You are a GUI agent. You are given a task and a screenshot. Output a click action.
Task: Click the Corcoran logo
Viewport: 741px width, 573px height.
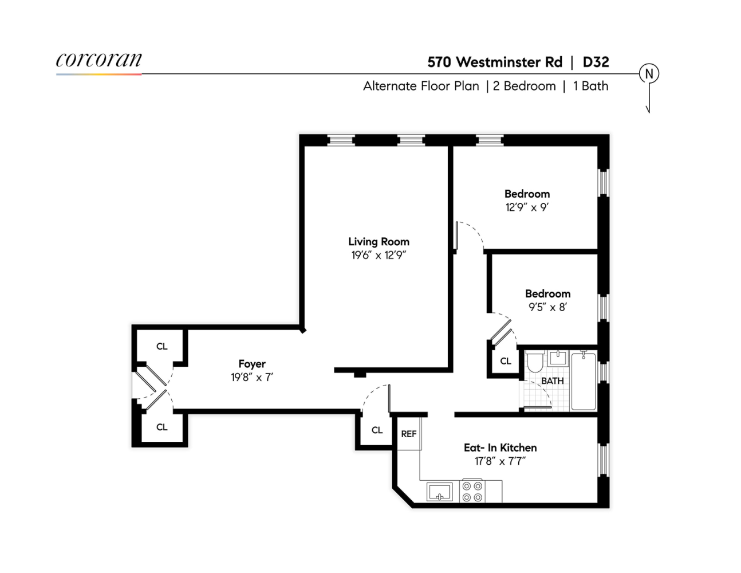[98, 61]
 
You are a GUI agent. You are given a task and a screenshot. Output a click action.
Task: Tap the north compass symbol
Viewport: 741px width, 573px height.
[649, 74]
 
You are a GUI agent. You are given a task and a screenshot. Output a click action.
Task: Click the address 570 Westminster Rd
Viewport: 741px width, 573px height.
[495, 62]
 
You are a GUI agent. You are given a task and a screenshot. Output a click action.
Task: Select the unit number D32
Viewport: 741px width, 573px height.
[596, 62]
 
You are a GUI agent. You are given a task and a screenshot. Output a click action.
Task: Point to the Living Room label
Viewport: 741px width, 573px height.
[379, 242]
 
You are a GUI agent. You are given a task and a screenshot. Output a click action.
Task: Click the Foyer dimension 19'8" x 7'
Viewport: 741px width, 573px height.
[252, 378]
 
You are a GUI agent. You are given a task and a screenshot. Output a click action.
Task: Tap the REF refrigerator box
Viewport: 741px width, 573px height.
[409, 434]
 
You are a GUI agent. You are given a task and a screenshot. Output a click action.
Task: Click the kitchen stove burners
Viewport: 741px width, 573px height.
[472, 492]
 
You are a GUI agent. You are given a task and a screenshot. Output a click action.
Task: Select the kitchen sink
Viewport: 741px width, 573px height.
[439, 492]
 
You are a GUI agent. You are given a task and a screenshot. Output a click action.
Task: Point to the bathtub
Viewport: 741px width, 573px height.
[584, 381]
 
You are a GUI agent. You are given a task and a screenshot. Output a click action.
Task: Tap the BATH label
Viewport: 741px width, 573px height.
[553, 381]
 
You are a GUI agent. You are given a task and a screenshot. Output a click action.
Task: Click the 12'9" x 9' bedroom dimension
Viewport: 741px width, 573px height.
[527, 207]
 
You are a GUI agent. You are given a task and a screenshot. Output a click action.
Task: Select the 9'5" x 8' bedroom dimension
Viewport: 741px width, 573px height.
[547, 307]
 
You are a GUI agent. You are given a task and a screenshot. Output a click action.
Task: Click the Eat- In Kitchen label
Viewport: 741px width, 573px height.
[500, 448]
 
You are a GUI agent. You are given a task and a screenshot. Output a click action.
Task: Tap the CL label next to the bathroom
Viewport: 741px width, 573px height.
[506, 361]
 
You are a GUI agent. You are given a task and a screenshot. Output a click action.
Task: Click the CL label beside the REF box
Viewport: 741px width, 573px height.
[377, 430]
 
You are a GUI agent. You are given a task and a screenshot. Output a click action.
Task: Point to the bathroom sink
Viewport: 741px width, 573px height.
[557, 359]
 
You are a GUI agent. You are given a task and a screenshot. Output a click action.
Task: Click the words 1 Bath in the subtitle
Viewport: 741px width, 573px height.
[590, 86]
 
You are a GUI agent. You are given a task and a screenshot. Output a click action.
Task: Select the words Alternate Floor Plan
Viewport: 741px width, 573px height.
[421, 86]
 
